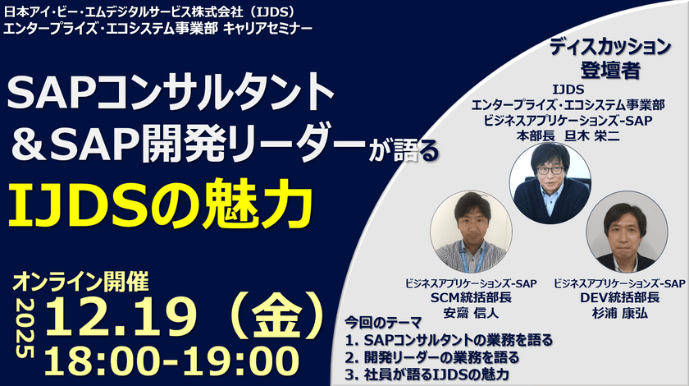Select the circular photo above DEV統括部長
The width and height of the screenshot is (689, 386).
pyautogui.click(x=625, y=237)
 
